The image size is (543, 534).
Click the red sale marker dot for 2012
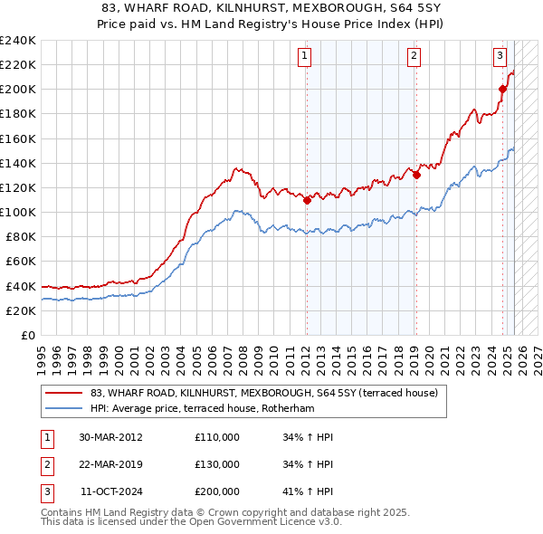(x=307, y=200)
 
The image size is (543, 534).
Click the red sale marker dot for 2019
(x=416, y=176)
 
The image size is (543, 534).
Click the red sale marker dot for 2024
(x=503, y=89)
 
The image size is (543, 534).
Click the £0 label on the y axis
(x=27, y=335)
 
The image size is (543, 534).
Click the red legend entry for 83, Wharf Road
(x=262, y=393)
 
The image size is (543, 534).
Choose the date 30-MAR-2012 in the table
(x=111, y=436)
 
